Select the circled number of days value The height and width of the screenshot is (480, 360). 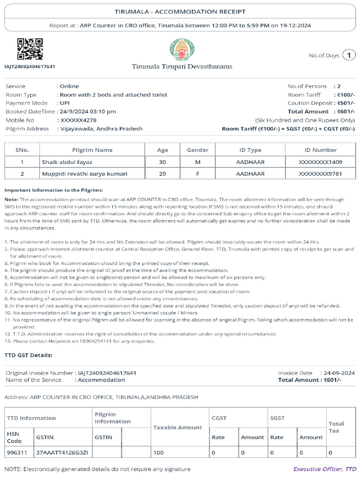(349, 56)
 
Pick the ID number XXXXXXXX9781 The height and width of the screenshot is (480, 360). (320, 174)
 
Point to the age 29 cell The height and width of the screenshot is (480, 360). (163, 174)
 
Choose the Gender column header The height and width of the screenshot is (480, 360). (198, 150)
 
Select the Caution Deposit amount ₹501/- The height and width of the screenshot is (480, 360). (346, 103)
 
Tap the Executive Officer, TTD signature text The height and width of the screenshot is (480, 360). (324, 469)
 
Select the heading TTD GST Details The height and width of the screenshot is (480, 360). (29, 355)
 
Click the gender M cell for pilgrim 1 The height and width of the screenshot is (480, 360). (198, 162)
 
